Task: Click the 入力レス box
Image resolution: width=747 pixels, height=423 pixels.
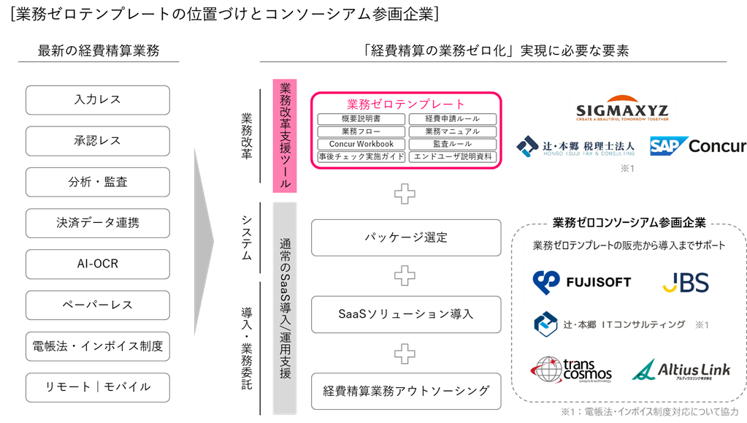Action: pyautogui.click(x=97, y=100)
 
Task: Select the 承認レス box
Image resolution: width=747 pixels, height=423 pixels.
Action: pyautogui.click(x=97, y=141)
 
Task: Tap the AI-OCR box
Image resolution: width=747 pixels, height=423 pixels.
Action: pyautogui.click(x=97, y=264)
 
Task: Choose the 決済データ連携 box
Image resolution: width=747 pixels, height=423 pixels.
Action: pyautogui.click(x=97, y=223)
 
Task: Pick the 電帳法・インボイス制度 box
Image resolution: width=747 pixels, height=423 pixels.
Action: pyautogui.click(x=97, y=346)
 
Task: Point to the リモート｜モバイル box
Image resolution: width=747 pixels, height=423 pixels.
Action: pyautogui.click(x=97, y=386)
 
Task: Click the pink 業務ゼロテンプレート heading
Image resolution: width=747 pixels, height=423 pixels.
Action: pyautogui.click(x=405, y=104)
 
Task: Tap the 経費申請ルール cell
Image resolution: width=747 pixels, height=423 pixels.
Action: pyautogui.click(x=452, y=119)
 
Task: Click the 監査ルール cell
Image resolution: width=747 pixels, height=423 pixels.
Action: pyautogui.click(x=452, y=144)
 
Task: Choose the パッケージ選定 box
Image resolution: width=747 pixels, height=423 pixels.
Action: pyautogui.click(x=406, y=237)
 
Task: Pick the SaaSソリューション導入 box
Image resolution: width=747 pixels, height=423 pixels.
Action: pyautogui.click(x=406, y=314)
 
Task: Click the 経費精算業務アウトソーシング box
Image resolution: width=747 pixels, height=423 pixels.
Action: pyautogui.click(x=406, y=391)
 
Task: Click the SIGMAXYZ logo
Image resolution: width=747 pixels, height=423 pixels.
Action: pyautogui.click(x=622, y=108)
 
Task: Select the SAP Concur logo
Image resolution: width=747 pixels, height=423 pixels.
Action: pyautogui.click(x=698, y=146)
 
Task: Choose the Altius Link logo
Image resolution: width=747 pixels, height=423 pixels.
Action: pyautogui.click(x=681, y=370)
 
